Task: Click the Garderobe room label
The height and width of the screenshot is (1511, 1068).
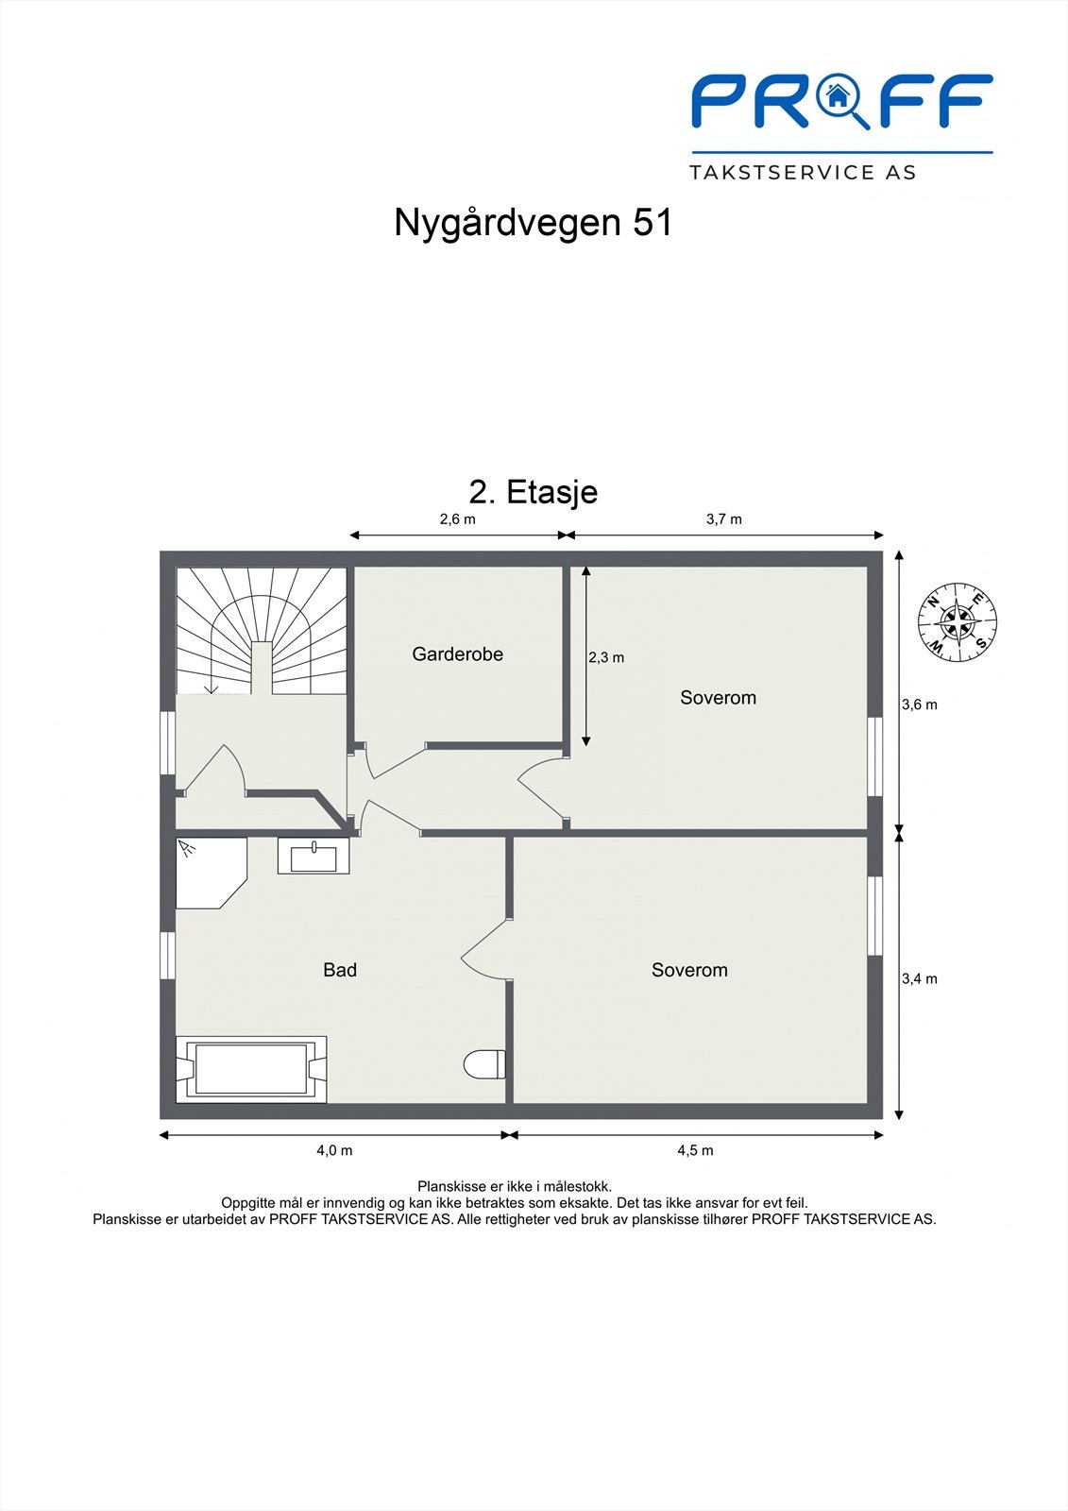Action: click(x=457, y=654)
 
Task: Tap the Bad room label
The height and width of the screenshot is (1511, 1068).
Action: click(x=340, y=970)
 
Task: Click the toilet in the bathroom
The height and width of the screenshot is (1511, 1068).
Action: click(x=484, y=1064)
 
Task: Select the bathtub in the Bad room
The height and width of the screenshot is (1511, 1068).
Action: click(x=251, y=1069)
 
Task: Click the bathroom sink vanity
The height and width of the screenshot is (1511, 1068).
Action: click(x=314, y=857)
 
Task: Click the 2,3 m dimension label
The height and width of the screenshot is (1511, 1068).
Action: click(x=606, y=657)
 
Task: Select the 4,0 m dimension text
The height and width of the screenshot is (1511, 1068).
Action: click(x=334, y=1150)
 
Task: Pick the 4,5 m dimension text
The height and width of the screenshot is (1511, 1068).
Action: click(x=695, y=1150)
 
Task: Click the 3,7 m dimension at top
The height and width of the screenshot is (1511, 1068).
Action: click(x=724, y=519)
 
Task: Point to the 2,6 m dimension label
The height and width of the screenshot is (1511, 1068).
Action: click(x=457, y=519)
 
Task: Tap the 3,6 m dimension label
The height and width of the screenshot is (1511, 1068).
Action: click(x=919, y=705)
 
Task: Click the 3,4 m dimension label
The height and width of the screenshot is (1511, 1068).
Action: click(x=919, y=978)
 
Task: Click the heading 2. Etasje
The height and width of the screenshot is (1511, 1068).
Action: click(x=534, y=492)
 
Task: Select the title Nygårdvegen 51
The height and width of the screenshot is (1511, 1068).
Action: click(x=534, y=223)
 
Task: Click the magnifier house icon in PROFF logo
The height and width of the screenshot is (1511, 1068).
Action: click(x=837, y=98)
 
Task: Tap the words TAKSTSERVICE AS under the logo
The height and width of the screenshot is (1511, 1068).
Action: click(x=803, y=173)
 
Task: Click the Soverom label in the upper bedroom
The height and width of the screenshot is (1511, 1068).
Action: click(x=718, y=698)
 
